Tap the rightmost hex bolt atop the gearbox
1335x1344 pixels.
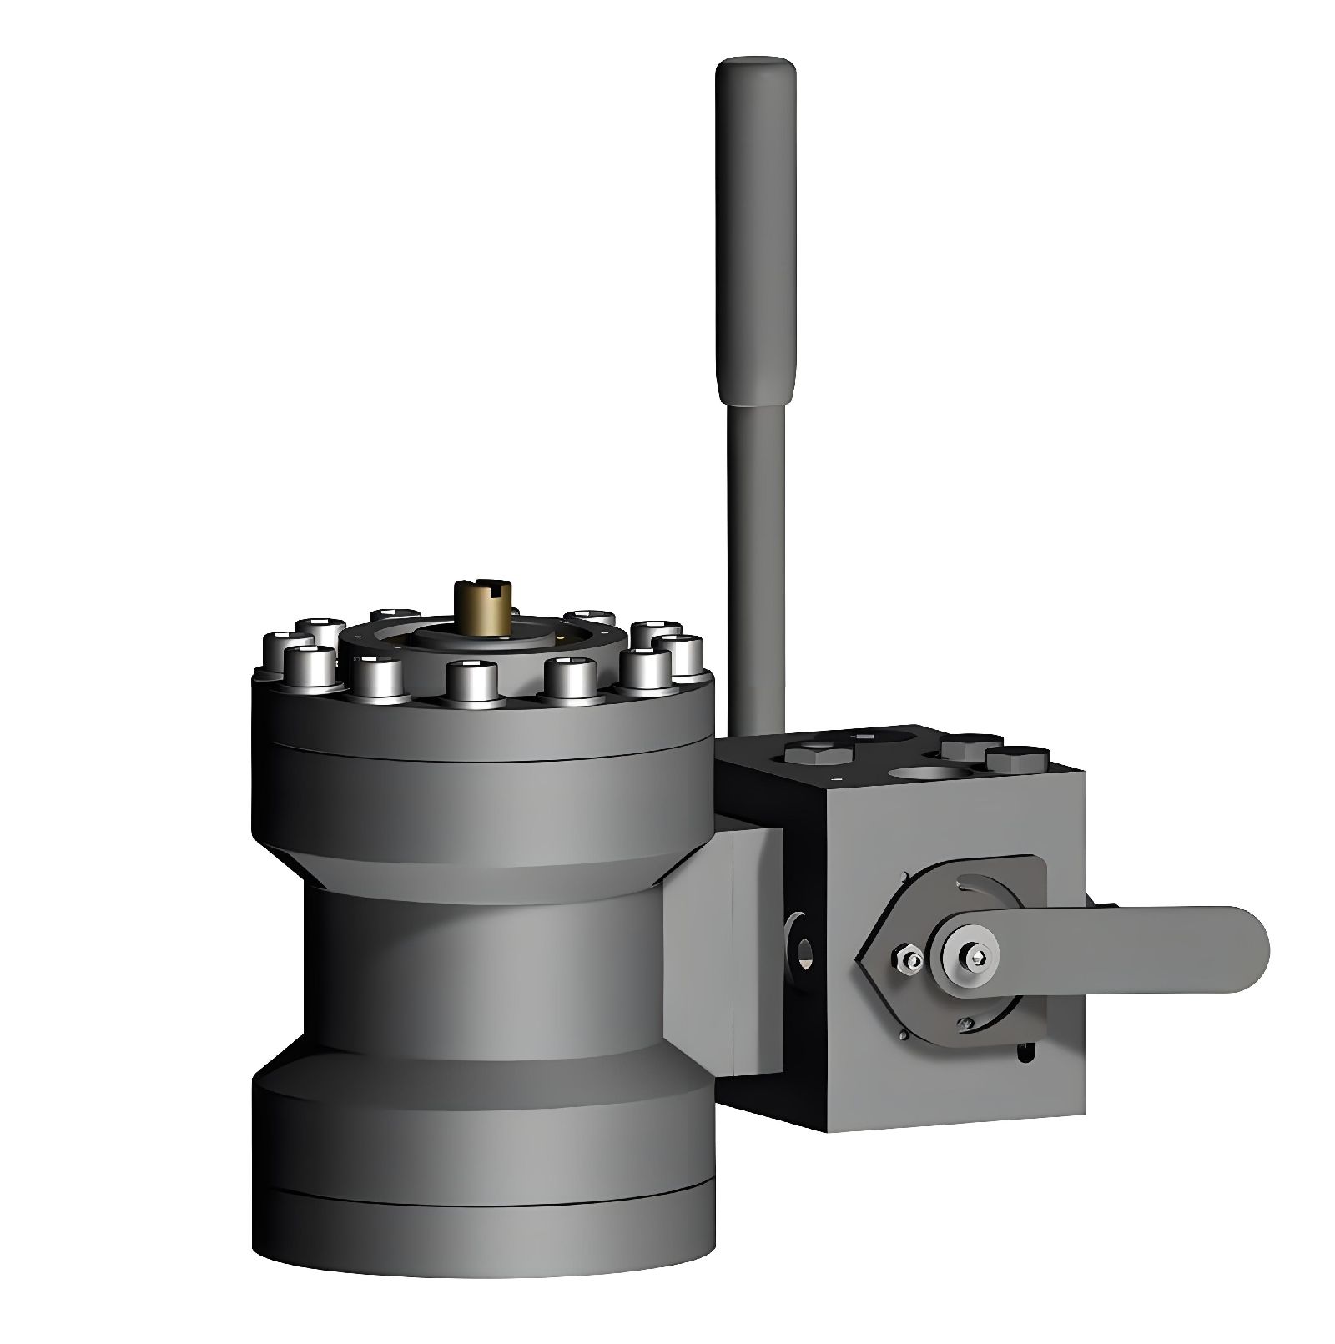[x=1015, y=758]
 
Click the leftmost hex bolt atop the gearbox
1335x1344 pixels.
[x=819, y=755]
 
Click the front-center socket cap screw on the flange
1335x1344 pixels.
[x=472, y=681]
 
